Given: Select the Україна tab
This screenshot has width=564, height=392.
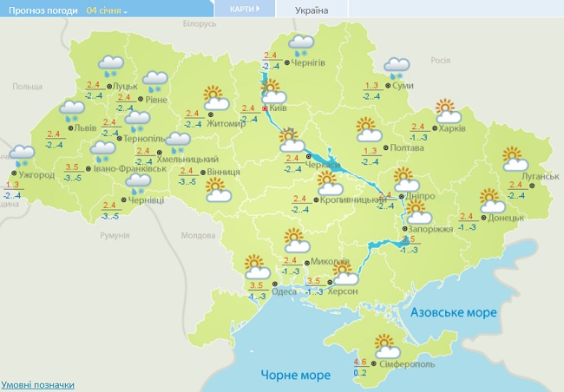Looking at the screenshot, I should click(x=312, y=10).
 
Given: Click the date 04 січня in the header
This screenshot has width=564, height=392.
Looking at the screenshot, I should click(x=103, y=10).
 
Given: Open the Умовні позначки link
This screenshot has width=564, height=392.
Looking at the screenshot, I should click(x=37, y=384).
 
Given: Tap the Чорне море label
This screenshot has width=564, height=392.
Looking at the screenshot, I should click(x=295, y=375).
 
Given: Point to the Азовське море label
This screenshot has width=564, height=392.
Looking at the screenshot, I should click(x=453, y=312).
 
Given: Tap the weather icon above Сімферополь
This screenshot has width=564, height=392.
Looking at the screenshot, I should click(x=386, y=345).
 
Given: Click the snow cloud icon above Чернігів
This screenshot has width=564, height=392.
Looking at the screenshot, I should click(x=301, y=45).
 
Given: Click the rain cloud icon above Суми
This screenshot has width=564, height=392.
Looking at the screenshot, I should click(x=397, y=67).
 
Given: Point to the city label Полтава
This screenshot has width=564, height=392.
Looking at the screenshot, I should click(x=383, y=147).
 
